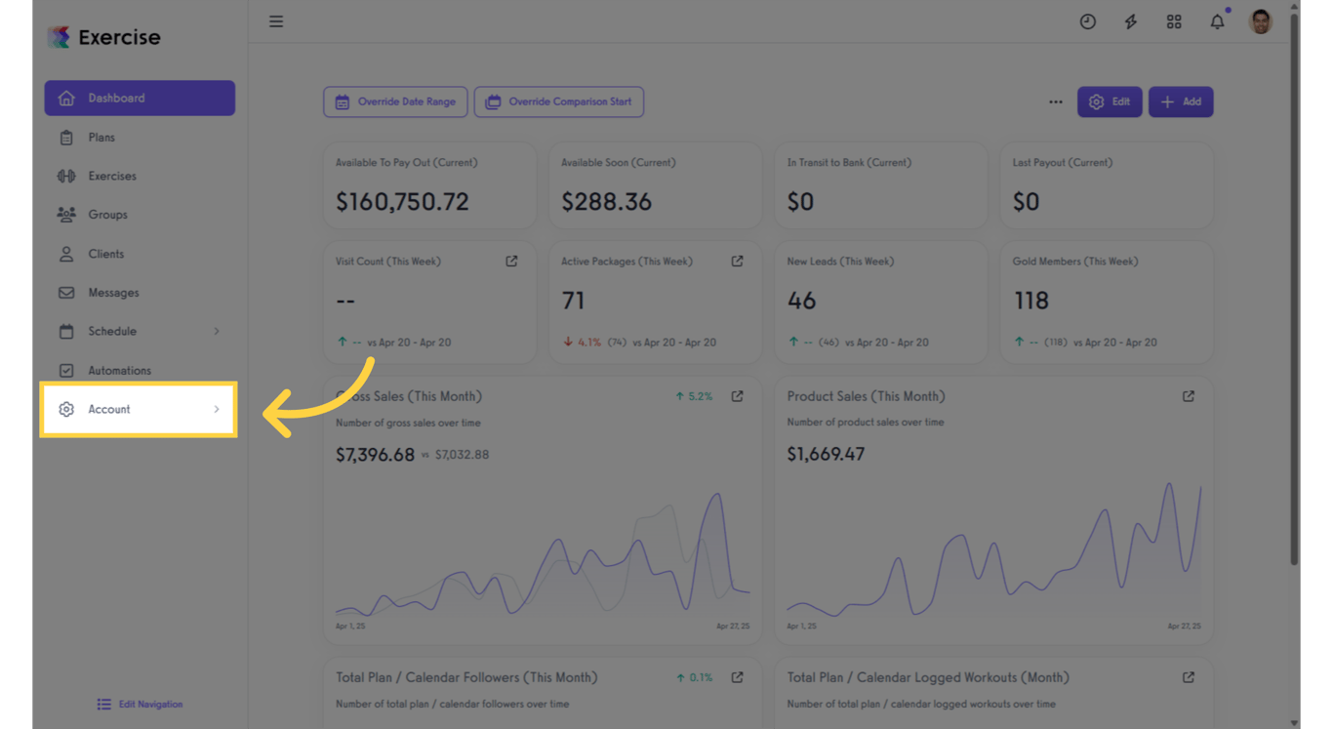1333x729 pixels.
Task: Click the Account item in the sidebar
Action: point(138,409)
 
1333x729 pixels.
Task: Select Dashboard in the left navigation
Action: point(140,99)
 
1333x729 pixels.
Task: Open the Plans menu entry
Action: point(101,138)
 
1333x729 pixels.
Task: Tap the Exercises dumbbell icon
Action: point(66,177)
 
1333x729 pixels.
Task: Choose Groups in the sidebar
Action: point(107,215)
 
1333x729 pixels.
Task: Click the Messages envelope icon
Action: point(66,293)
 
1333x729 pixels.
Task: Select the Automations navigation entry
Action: point(119,371)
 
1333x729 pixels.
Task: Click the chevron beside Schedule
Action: point(217,332)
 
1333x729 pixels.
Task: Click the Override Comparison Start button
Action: point(558,101)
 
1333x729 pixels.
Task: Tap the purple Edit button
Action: point(1110,101)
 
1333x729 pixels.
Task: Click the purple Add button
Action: point(1181,101)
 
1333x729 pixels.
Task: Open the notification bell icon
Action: point(1217,21)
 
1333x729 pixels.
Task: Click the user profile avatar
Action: point(1261,21)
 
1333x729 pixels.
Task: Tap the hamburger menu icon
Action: point(276,21)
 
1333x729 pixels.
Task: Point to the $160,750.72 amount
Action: point(402,202)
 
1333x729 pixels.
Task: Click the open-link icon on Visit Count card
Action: point(511,262)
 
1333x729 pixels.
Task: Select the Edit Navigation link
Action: point(140,705)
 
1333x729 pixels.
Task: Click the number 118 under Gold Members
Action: point(1030,301)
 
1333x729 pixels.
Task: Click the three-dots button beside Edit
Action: point(1056,101)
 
